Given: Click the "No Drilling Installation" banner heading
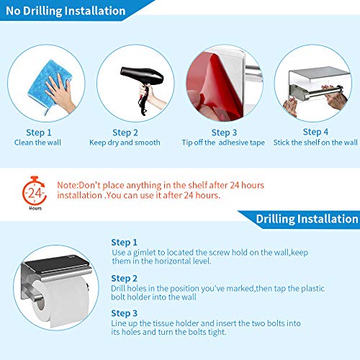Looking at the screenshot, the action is (66, 11).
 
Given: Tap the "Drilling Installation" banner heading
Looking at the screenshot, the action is (307, 219).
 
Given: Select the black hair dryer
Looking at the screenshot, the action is (143, 86).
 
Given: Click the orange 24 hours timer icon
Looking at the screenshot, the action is (34, 191).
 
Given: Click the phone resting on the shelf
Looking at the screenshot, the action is (55, 264).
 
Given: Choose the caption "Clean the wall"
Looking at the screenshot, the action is (37, 143).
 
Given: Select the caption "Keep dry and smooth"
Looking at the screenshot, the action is (125, 143).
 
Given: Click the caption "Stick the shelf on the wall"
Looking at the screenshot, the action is (315, 143).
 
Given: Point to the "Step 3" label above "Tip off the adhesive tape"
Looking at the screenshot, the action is (224, 132).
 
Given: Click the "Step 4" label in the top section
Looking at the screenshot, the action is (315, 132).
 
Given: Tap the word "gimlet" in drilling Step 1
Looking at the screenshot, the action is (145, 253).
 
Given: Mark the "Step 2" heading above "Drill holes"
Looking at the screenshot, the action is (124, 279).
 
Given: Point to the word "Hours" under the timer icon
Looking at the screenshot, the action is (35, 208).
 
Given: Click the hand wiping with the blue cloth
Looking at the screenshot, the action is (60, 92).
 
